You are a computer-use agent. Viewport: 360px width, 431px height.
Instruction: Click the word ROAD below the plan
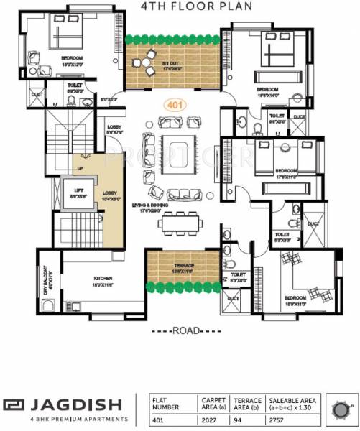click(180, 332)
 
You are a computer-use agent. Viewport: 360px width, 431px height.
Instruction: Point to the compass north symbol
click(338, 410)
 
